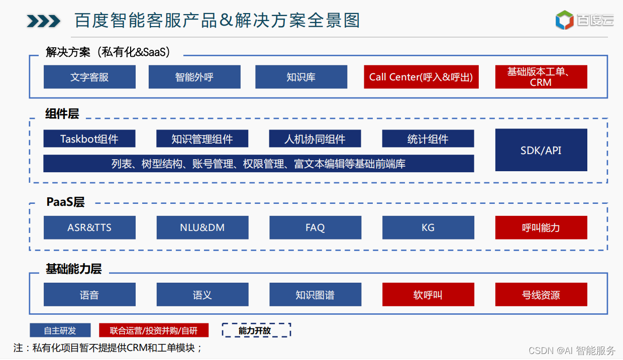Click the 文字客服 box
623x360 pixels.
pyautogui.click(x=89, y=77)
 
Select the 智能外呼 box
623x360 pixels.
pyautogui.click(x=194, y=77)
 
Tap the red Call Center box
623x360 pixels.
pyautogui.click(x=421, y=77)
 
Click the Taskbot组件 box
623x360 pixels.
pyautogui.click(x=89, y=139)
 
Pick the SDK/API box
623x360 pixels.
pyautogui.click(x=541, y=150)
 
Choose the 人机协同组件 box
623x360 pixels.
pyautogui.click(x=315, y=139)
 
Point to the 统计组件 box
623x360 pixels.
pyautogui.click(x=428, y=139)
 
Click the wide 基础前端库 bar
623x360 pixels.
pyautogui.click(x=258, y=164)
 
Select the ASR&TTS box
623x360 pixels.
pyautogui.click(x=89, y=227)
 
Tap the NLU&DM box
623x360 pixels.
pyautogui.click(x=202, y=227)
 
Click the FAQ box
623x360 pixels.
pyautogui.click(x=315, y=227)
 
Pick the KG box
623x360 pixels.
pyautogui.click(x=428, y=227)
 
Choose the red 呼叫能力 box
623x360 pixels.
pyautogui.click(x=541, y=227)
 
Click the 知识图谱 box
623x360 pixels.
pyautogui.click(x=315, y=295)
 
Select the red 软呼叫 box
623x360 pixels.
pyautogui.click(x=428, y=295)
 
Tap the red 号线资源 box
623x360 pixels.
pyautogui.click(x=541, y=295)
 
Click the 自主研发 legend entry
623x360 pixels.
pyautogui.click(x=60, y=330)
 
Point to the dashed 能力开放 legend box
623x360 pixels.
pyautogui.click(x=256, y=330)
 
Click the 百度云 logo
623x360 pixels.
pyautogui.click(x=584, y=20)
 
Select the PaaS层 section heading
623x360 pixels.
pyautogui.click(x=65, y=202)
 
